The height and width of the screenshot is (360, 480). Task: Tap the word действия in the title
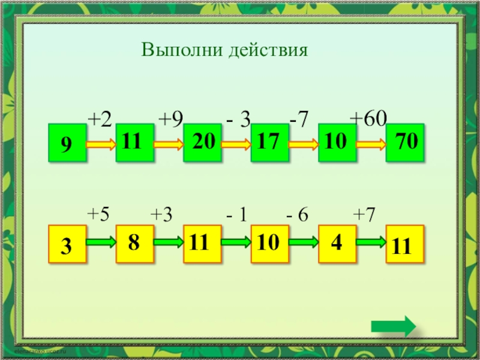268,49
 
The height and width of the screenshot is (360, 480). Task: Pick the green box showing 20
202,143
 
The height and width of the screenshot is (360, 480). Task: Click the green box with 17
270,143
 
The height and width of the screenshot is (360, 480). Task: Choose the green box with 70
405,143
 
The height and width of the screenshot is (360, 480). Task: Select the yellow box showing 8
135,244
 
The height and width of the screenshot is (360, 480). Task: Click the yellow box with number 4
337,244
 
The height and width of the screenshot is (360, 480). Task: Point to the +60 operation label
368,118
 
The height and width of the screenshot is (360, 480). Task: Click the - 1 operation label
238,215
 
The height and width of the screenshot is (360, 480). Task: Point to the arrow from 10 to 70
371,144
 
